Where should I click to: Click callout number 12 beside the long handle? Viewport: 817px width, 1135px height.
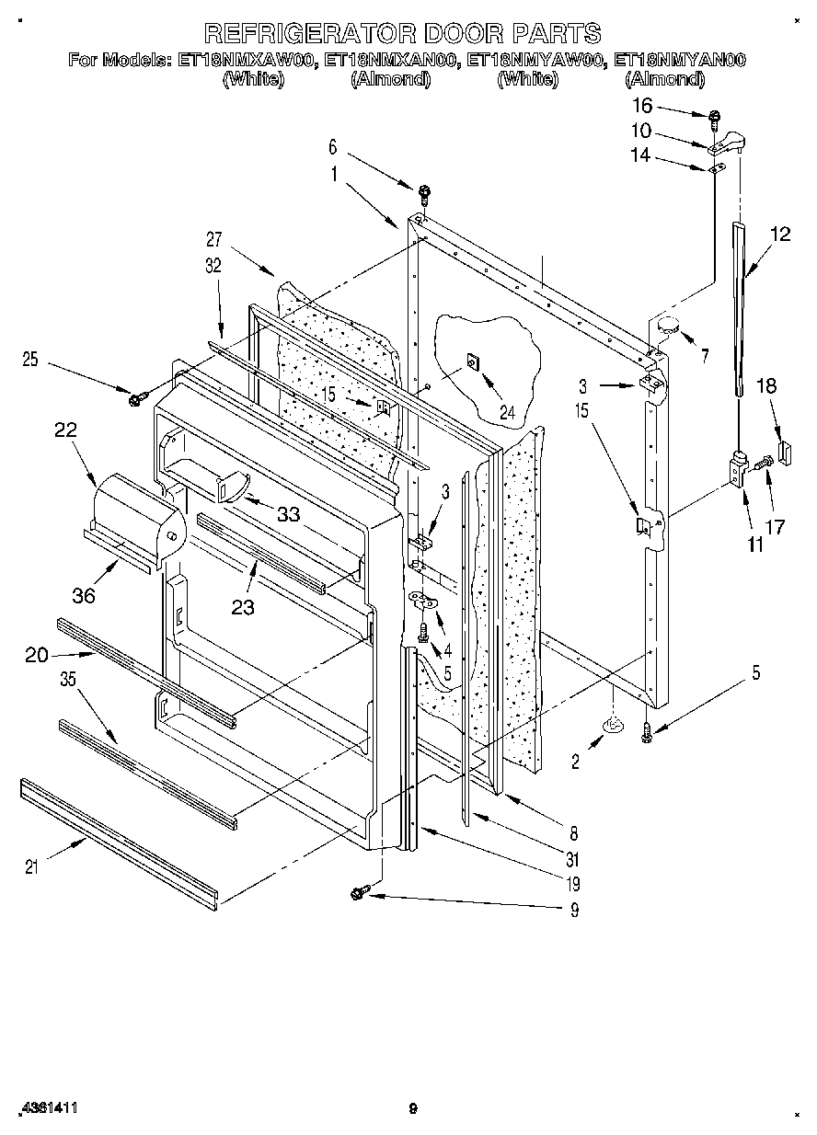coord(779,235)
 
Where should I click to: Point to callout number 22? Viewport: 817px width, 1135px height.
coord(64,430)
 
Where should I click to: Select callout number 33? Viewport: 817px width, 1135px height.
coord(288,515)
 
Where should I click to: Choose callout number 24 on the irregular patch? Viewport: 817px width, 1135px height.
coord(505,413)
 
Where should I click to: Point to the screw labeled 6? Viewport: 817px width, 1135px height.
coord(424,193)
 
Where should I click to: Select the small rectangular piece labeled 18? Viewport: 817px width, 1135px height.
coord(784,452)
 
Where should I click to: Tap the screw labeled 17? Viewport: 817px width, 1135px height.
coord(759,466)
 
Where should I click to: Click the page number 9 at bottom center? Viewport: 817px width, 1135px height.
coord(413,1109)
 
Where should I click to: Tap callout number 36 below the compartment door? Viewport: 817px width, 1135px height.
coord(84,597)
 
